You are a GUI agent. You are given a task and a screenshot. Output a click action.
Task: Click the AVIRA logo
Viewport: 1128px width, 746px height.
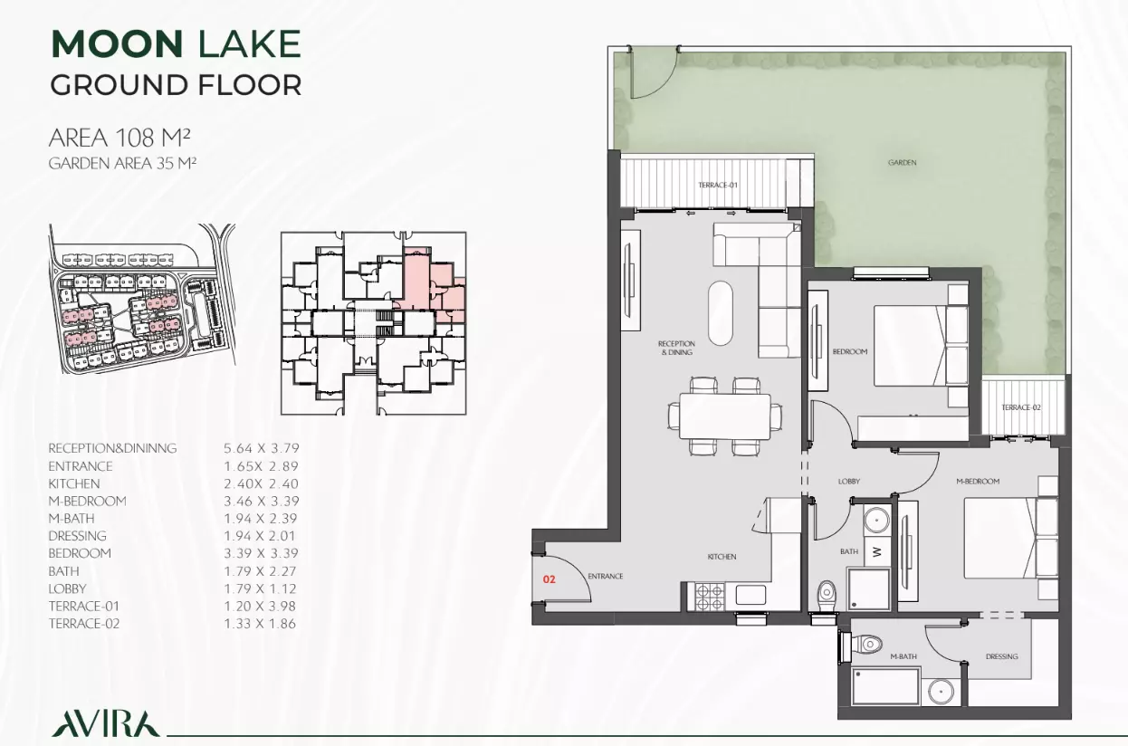105,723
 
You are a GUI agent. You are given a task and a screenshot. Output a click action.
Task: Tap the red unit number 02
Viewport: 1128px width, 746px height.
549,579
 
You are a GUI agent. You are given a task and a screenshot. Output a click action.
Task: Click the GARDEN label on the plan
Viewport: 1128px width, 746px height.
902,163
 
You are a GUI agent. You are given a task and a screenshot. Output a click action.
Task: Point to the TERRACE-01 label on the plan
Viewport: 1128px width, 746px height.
718,185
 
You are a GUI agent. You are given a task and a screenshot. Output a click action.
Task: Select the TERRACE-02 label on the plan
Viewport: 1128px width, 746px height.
1021,407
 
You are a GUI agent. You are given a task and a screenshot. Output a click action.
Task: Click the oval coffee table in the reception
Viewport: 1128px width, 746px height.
721,313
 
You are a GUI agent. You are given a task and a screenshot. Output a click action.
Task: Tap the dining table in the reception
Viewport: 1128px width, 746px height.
724,416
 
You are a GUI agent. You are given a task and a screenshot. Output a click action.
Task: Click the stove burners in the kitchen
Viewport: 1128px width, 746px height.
710,597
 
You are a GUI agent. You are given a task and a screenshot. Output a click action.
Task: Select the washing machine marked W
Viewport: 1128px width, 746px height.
876,552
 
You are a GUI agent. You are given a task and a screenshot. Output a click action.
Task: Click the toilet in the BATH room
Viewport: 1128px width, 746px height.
827,595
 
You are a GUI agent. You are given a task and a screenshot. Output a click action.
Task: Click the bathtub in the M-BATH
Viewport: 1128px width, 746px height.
885,686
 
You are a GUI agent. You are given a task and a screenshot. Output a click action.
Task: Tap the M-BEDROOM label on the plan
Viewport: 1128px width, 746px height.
978,482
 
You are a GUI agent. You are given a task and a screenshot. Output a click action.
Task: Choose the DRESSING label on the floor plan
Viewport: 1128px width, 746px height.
1001,656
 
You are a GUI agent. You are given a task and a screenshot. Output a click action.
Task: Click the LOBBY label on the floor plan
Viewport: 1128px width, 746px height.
849,481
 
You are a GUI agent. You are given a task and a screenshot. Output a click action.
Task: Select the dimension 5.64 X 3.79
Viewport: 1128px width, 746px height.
262,448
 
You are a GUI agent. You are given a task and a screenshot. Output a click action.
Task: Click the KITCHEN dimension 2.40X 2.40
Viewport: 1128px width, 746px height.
262,483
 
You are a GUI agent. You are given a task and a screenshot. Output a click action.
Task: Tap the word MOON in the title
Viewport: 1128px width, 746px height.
117,44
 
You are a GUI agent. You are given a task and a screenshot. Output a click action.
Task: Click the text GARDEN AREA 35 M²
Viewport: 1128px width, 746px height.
122,164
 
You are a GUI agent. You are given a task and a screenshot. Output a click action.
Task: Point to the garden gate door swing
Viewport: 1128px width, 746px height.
655,73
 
